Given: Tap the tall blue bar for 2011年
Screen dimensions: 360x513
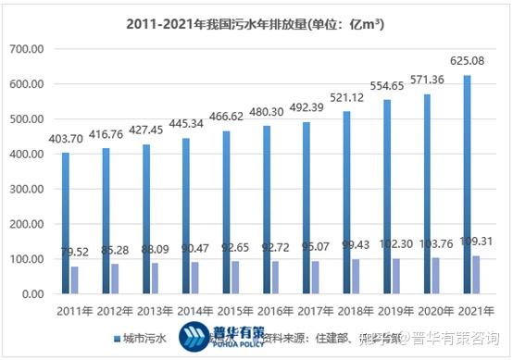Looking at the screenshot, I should (65, 223).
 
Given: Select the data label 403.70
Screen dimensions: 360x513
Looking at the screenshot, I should (65, 139).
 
